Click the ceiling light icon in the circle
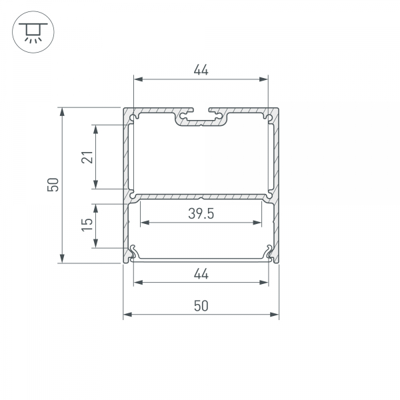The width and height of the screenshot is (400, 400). [x=33, y=32]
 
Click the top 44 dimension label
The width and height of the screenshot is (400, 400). [x=201, y=70]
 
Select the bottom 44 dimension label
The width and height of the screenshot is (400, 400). [x=201, y=274]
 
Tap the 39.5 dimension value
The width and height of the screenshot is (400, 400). [x=201, y=213]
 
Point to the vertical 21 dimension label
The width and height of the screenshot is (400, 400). [x=87, y=157]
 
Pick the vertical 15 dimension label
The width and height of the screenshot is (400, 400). [x=87, y=225]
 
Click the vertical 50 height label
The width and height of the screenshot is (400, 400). [x=53, y=185]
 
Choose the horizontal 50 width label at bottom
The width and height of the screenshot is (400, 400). [x=201, y=306]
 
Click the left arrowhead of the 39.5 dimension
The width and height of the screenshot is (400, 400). [x=145, y=223]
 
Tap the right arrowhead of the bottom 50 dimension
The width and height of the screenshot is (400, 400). [x=274, y=314]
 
